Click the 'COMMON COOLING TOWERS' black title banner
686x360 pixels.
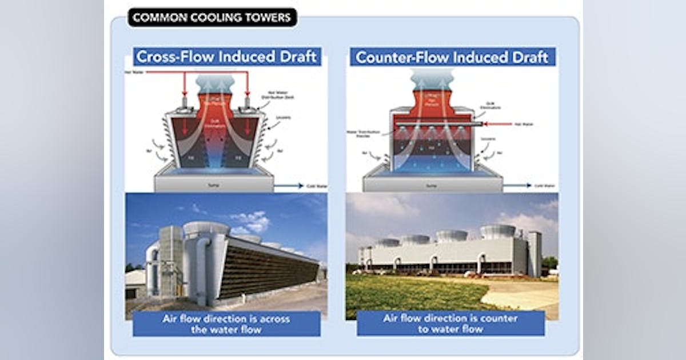tap(212, 17)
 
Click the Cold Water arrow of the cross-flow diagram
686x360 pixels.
tap(289, 185)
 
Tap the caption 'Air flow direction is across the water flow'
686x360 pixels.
tap(226, 324)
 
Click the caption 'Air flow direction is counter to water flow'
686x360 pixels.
tap(450, 323)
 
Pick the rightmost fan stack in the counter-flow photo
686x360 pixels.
tap(498, 231)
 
